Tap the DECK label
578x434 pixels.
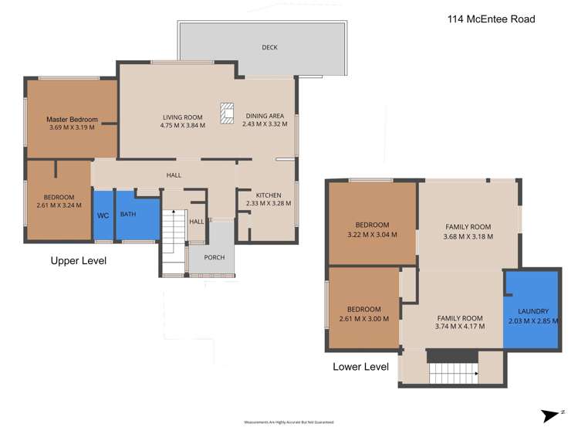tap(269, 48)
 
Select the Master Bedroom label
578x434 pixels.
tap(72, 120)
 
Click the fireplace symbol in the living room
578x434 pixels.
tap(226, 114)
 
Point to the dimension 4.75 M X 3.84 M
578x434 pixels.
tap(182, 124)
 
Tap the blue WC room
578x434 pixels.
tap(103, 215)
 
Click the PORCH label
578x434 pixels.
tap(214, 257)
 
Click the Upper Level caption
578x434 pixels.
tap(78, 261)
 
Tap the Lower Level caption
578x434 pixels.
tap(360, 367)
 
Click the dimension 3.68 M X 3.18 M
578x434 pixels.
tap(468, 237)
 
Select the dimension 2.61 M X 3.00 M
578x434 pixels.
tap(363, 318)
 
